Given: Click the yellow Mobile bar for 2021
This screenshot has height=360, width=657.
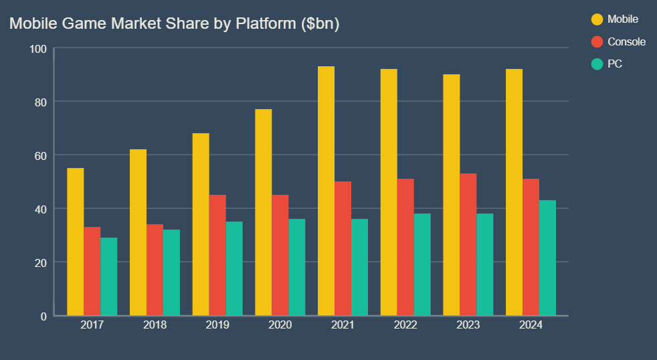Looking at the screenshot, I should click(326, 191).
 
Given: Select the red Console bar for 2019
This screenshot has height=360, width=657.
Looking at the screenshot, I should click(217, 255).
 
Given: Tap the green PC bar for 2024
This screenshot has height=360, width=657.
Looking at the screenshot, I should click(547, 258).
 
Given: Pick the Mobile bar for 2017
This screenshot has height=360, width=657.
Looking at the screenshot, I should click(76, 242).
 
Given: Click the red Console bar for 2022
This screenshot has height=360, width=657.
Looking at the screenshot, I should click(405, 247).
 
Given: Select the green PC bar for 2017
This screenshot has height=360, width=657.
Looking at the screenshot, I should click(108, 276).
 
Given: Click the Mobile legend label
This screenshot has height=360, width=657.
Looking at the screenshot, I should click(622, 19).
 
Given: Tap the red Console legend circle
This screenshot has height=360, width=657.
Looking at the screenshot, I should click(597, 41).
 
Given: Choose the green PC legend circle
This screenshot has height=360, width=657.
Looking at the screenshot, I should click(597, 64).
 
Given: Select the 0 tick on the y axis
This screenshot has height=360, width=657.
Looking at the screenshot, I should click(43, 316).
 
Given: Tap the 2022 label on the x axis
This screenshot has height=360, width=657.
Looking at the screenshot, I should click(405, 325).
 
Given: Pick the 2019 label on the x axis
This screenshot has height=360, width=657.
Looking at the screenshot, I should click(217, 325).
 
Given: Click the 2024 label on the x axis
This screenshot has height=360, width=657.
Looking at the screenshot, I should click(531, 325).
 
